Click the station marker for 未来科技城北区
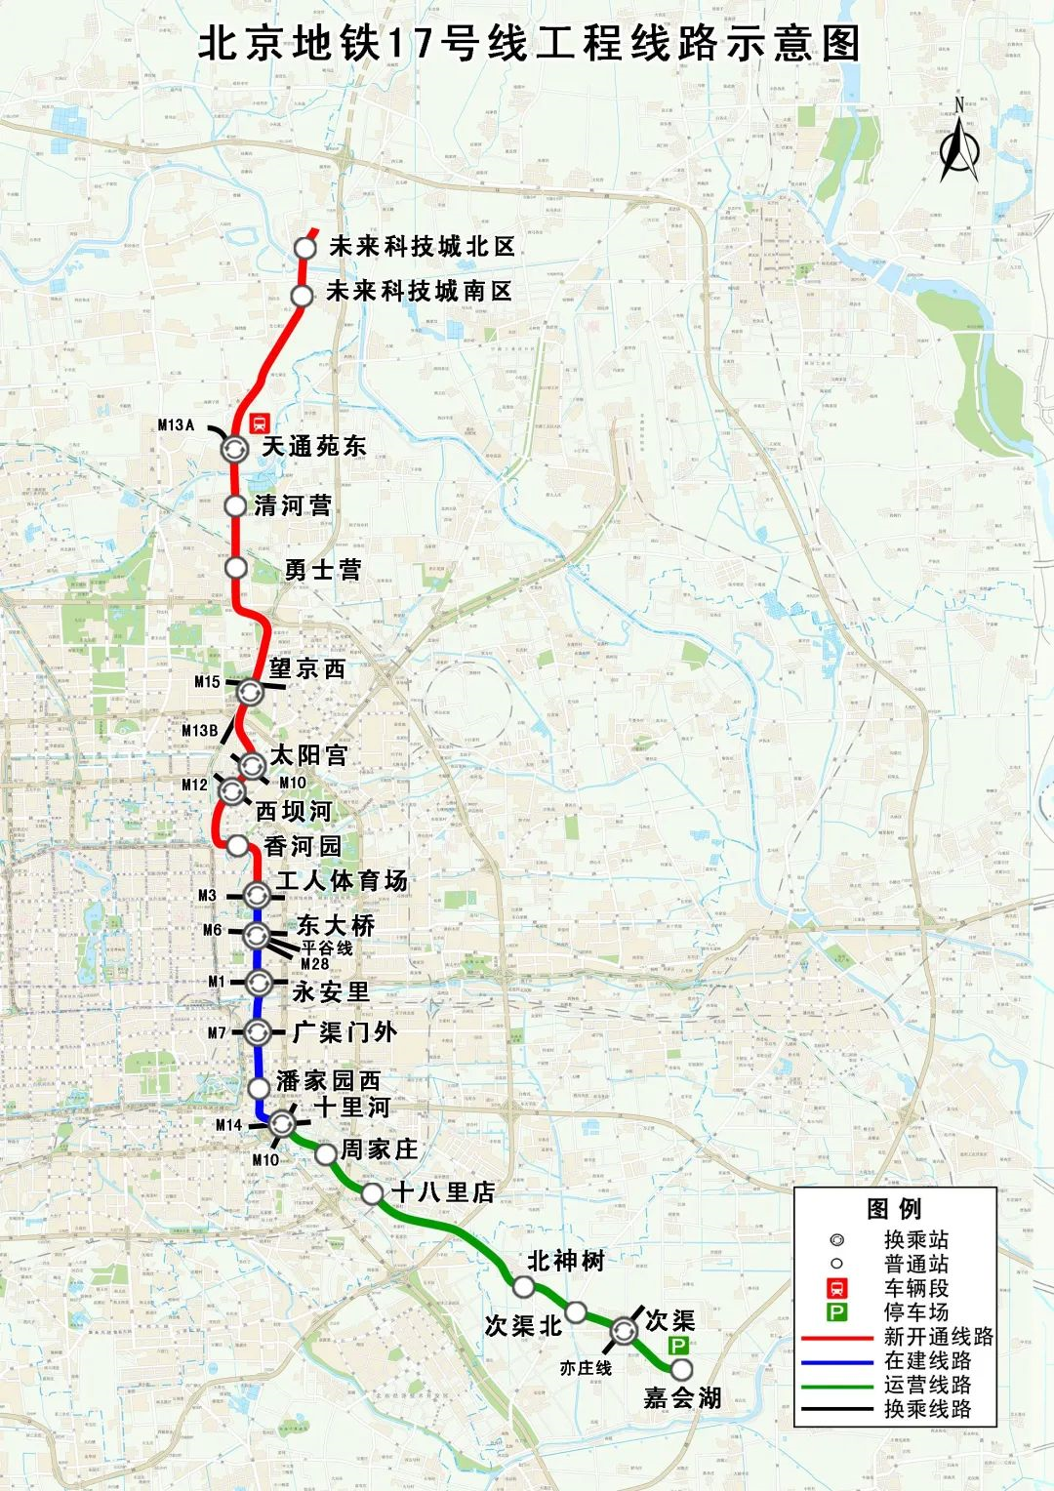point(305,248)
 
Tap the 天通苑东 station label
point(313,447)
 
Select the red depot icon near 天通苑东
point(260,423)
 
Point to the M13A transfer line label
point(177,424)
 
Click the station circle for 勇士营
point(235,567)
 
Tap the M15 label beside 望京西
point(207,682)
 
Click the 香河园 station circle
point(237,845)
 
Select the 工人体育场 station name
point(341,881)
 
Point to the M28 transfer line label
point(314,964)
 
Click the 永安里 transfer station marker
point(258,982)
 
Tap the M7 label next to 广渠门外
point(217,1032)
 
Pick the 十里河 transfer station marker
point(282,1124)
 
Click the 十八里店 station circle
point(372,1193)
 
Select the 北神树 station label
point(566,1261)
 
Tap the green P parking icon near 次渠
point(677,1346)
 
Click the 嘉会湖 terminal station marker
point(681,1370)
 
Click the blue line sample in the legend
point(836,1361)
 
